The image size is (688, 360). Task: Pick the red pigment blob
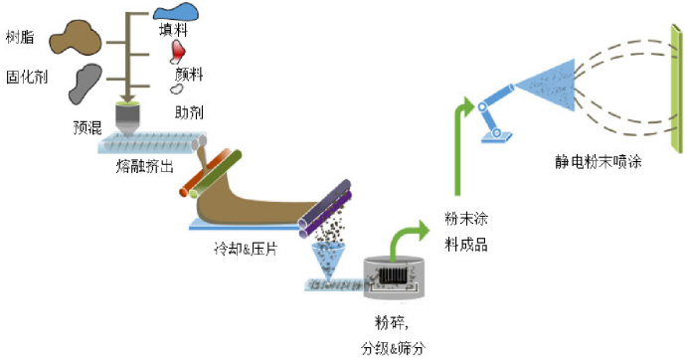[180, 50]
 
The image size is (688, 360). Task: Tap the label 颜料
[191, 74]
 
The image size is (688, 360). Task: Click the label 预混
[88, 127]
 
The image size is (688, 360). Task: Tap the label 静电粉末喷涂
[598, 159]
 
